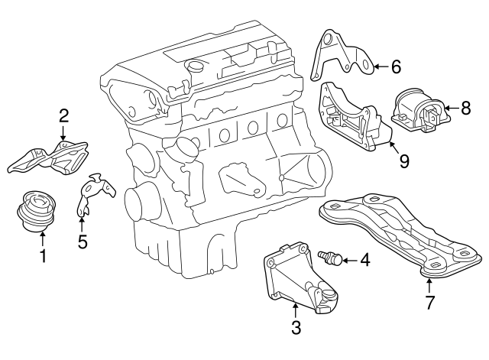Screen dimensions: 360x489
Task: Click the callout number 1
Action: tap(43, 257)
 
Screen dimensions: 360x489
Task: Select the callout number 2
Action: tap(64, 117)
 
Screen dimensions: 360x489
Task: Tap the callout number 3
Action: tap(296, 329)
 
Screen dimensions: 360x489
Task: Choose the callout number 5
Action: tap(83, 242)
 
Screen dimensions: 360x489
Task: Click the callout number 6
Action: tap(395, 66)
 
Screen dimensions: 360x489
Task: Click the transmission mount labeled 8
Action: tap(418, 113)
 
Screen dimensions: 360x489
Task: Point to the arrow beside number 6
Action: tap(380, 66)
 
